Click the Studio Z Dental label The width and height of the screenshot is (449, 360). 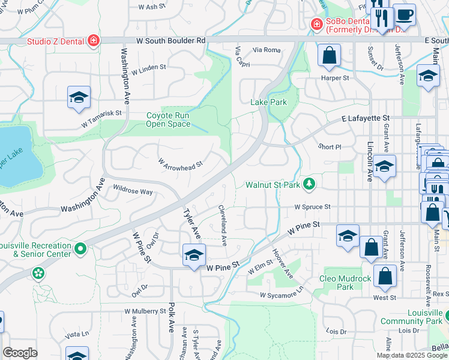tap(57, 41)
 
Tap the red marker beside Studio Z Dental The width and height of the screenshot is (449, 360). tap(93, 41)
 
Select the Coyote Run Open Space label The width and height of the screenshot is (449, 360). tap(169, 120)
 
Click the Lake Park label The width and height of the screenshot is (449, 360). tap(268, 102)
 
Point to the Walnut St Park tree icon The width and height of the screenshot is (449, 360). tap(309, 184)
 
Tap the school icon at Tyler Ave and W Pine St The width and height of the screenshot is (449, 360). tap(194, 256)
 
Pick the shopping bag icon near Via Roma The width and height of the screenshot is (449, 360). tap(329, 57)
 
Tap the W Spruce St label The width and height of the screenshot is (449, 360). tap(312, 206)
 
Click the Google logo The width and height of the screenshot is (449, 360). tap(20, 353)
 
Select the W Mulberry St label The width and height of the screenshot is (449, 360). tap(145, 311)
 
